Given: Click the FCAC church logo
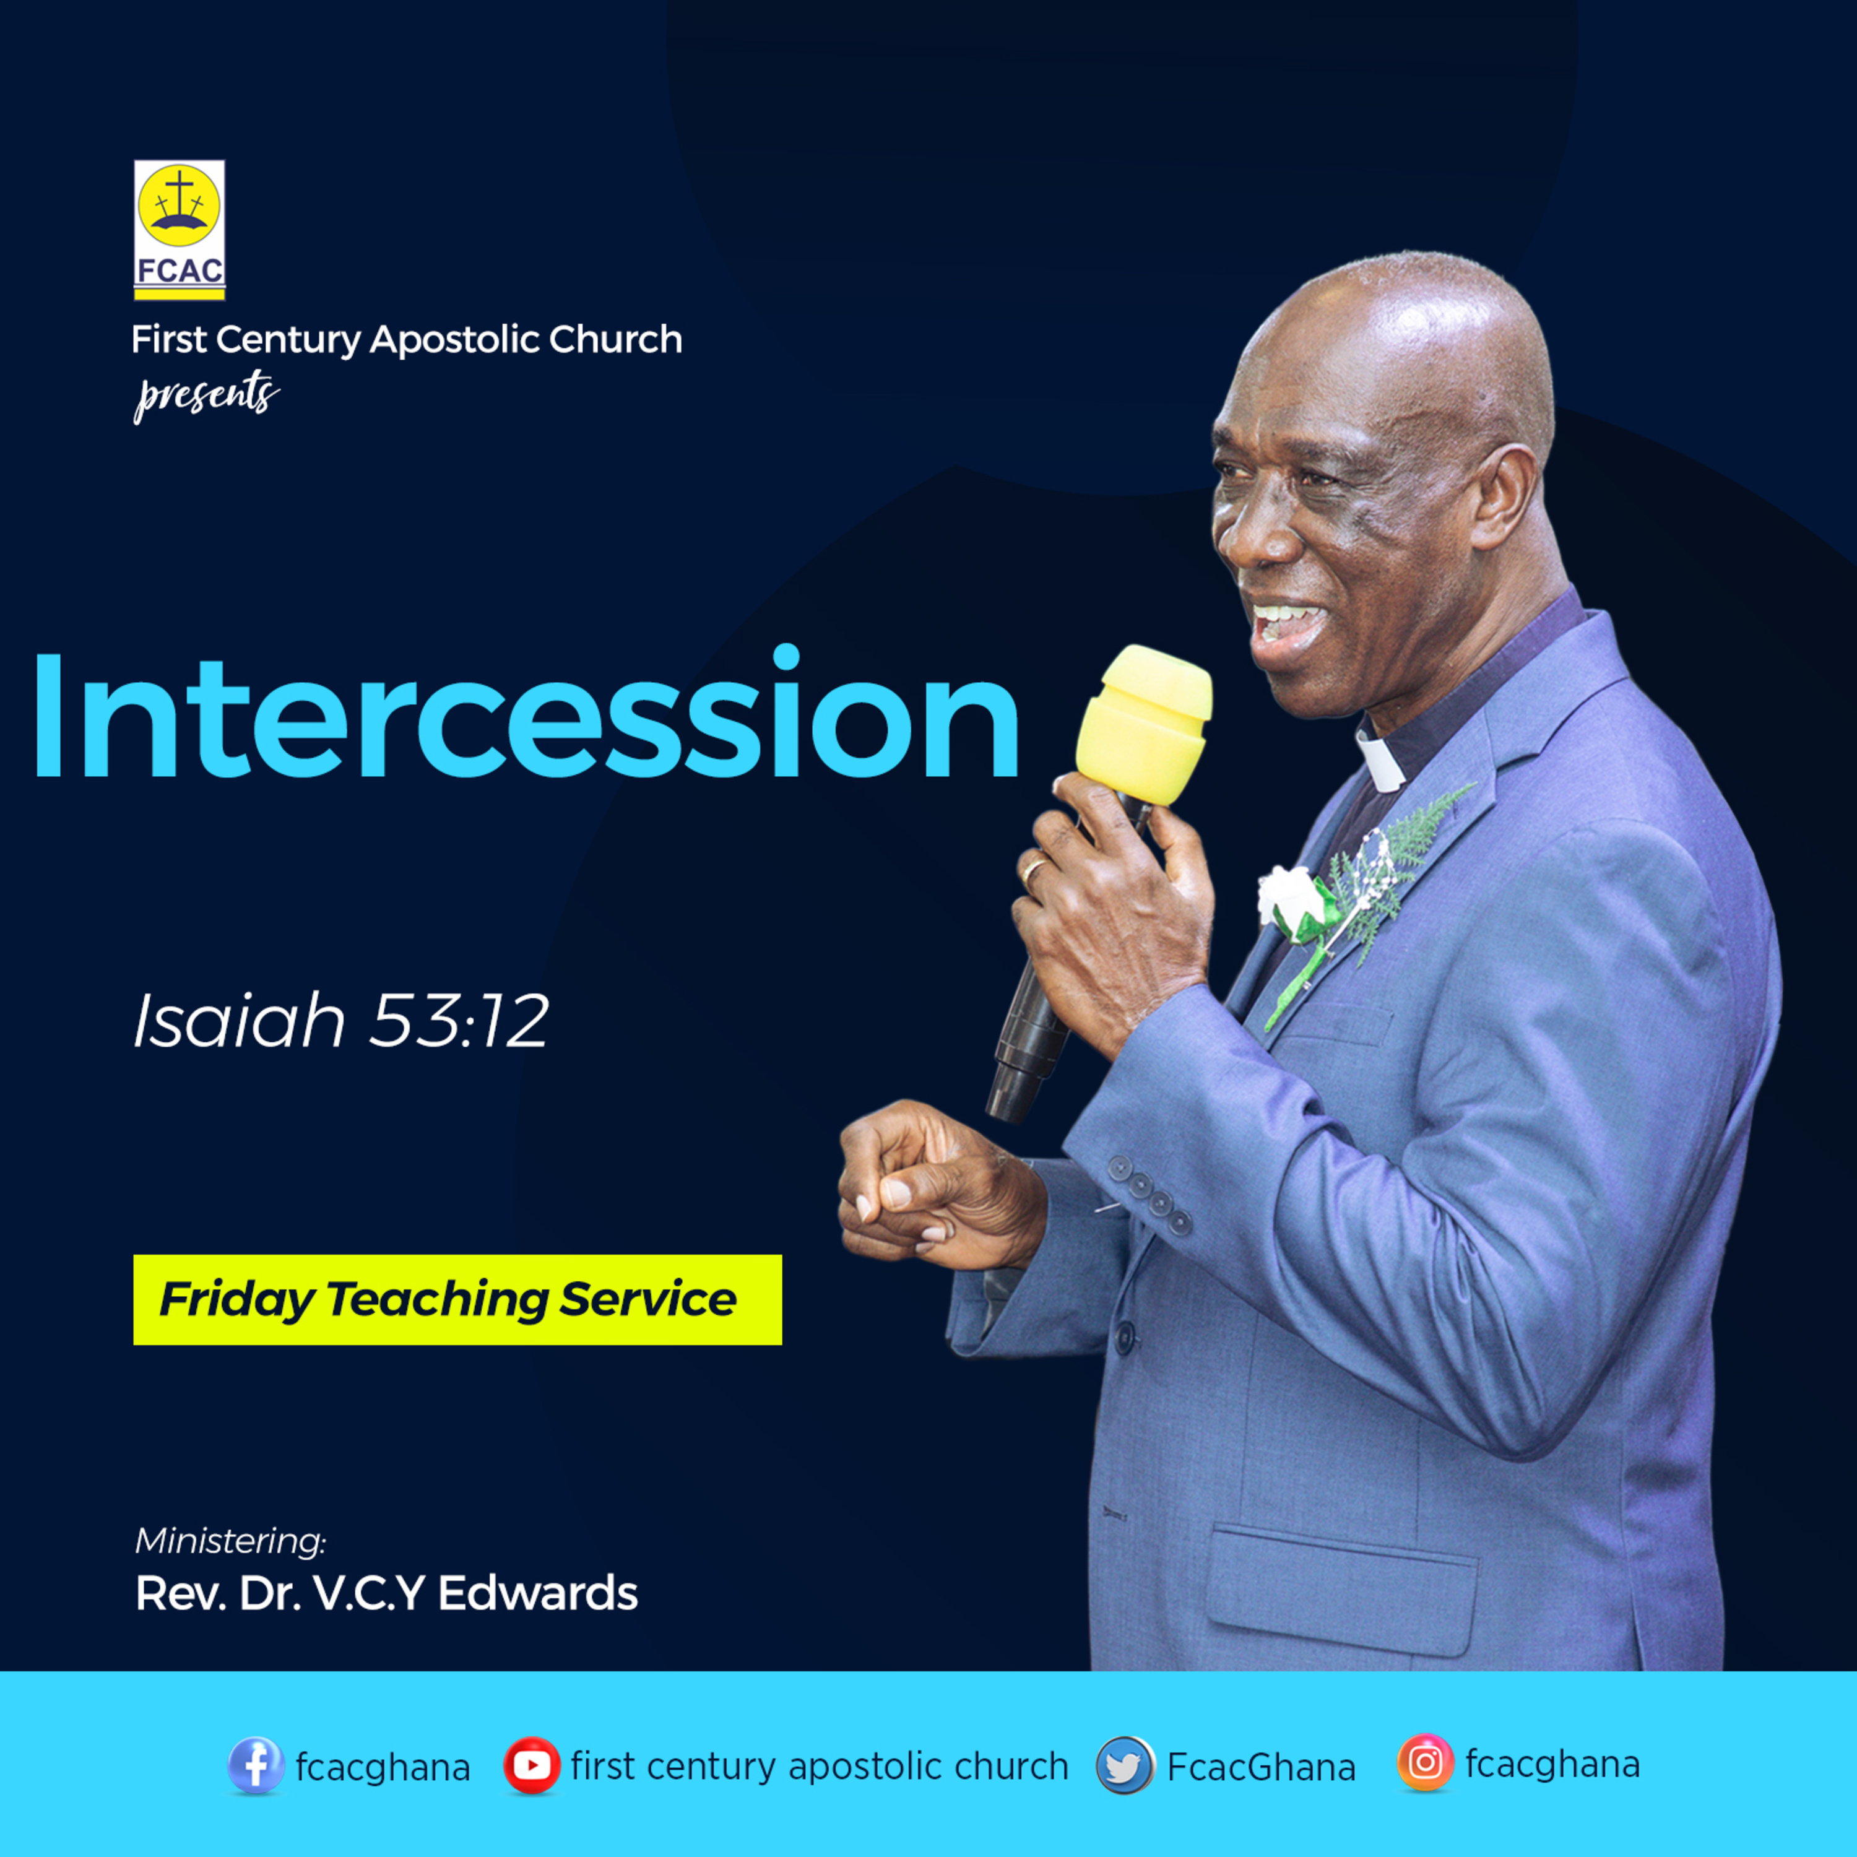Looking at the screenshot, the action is [x=180, y=230].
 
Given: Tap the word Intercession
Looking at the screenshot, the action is [x=526, y=713].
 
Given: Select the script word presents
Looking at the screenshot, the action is [x=207, y=396].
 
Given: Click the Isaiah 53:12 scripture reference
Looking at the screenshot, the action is [x=341, y=1021].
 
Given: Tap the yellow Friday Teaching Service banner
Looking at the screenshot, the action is [x=457, y=1299].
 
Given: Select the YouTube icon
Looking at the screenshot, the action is [x=532, y=1765].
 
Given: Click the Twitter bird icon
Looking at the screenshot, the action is [x=1125, y=1765].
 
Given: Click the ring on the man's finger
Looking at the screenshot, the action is [x=1034, y=869].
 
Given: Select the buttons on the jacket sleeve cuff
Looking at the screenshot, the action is [x=1149, y=1195].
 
